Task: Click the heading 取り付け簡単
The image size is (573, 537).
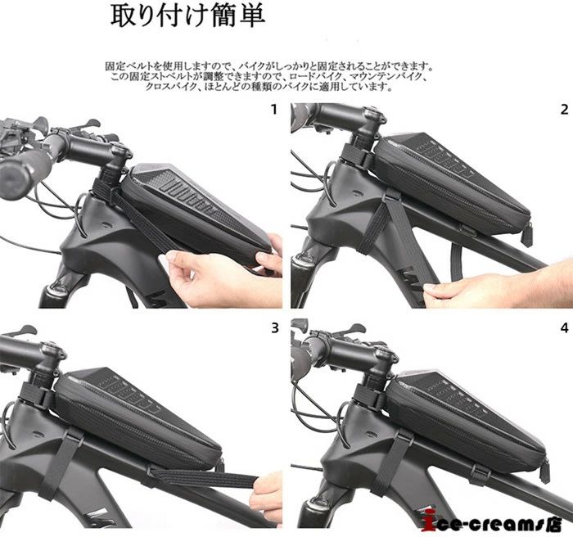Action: pos(187,16)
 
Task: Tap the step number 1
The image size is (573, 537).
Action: pos(273,110)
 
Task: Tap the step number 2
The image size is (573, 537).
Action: pos(564,110)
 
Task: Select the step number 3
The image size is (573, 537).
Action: pos(274,328)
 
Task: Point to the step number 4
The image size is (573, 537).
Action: pos(564,328)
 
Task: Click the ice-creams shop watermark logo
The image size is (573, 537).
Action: pos(495,520)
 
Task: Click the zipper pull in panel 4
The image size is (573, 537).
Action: pos(545,472)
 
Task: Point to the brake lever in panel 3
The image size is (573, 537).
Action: pos(18,331)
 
